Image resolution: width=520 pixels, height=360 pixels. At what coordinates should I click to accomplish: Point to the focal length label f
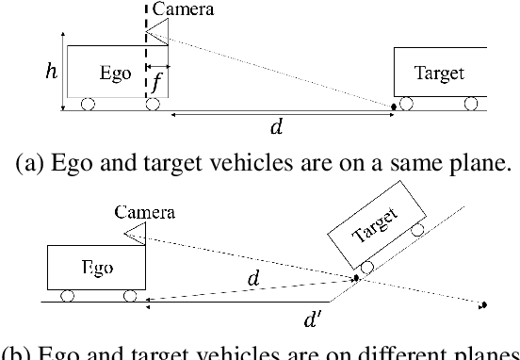point(157,83)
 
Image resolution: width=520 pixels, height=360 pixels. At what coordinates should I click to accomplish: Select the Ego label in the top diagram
point(115,73)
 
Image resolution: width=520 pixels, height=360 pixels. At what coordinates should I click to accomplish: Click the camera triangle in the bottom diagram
point(135,231)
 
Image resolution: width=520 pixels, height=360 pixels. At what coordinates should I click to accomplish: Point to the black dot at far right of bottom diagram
point(482,304)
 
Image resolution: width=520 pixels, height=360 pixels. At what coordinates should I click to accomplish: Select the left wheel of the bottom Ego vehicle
point(68,296)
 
